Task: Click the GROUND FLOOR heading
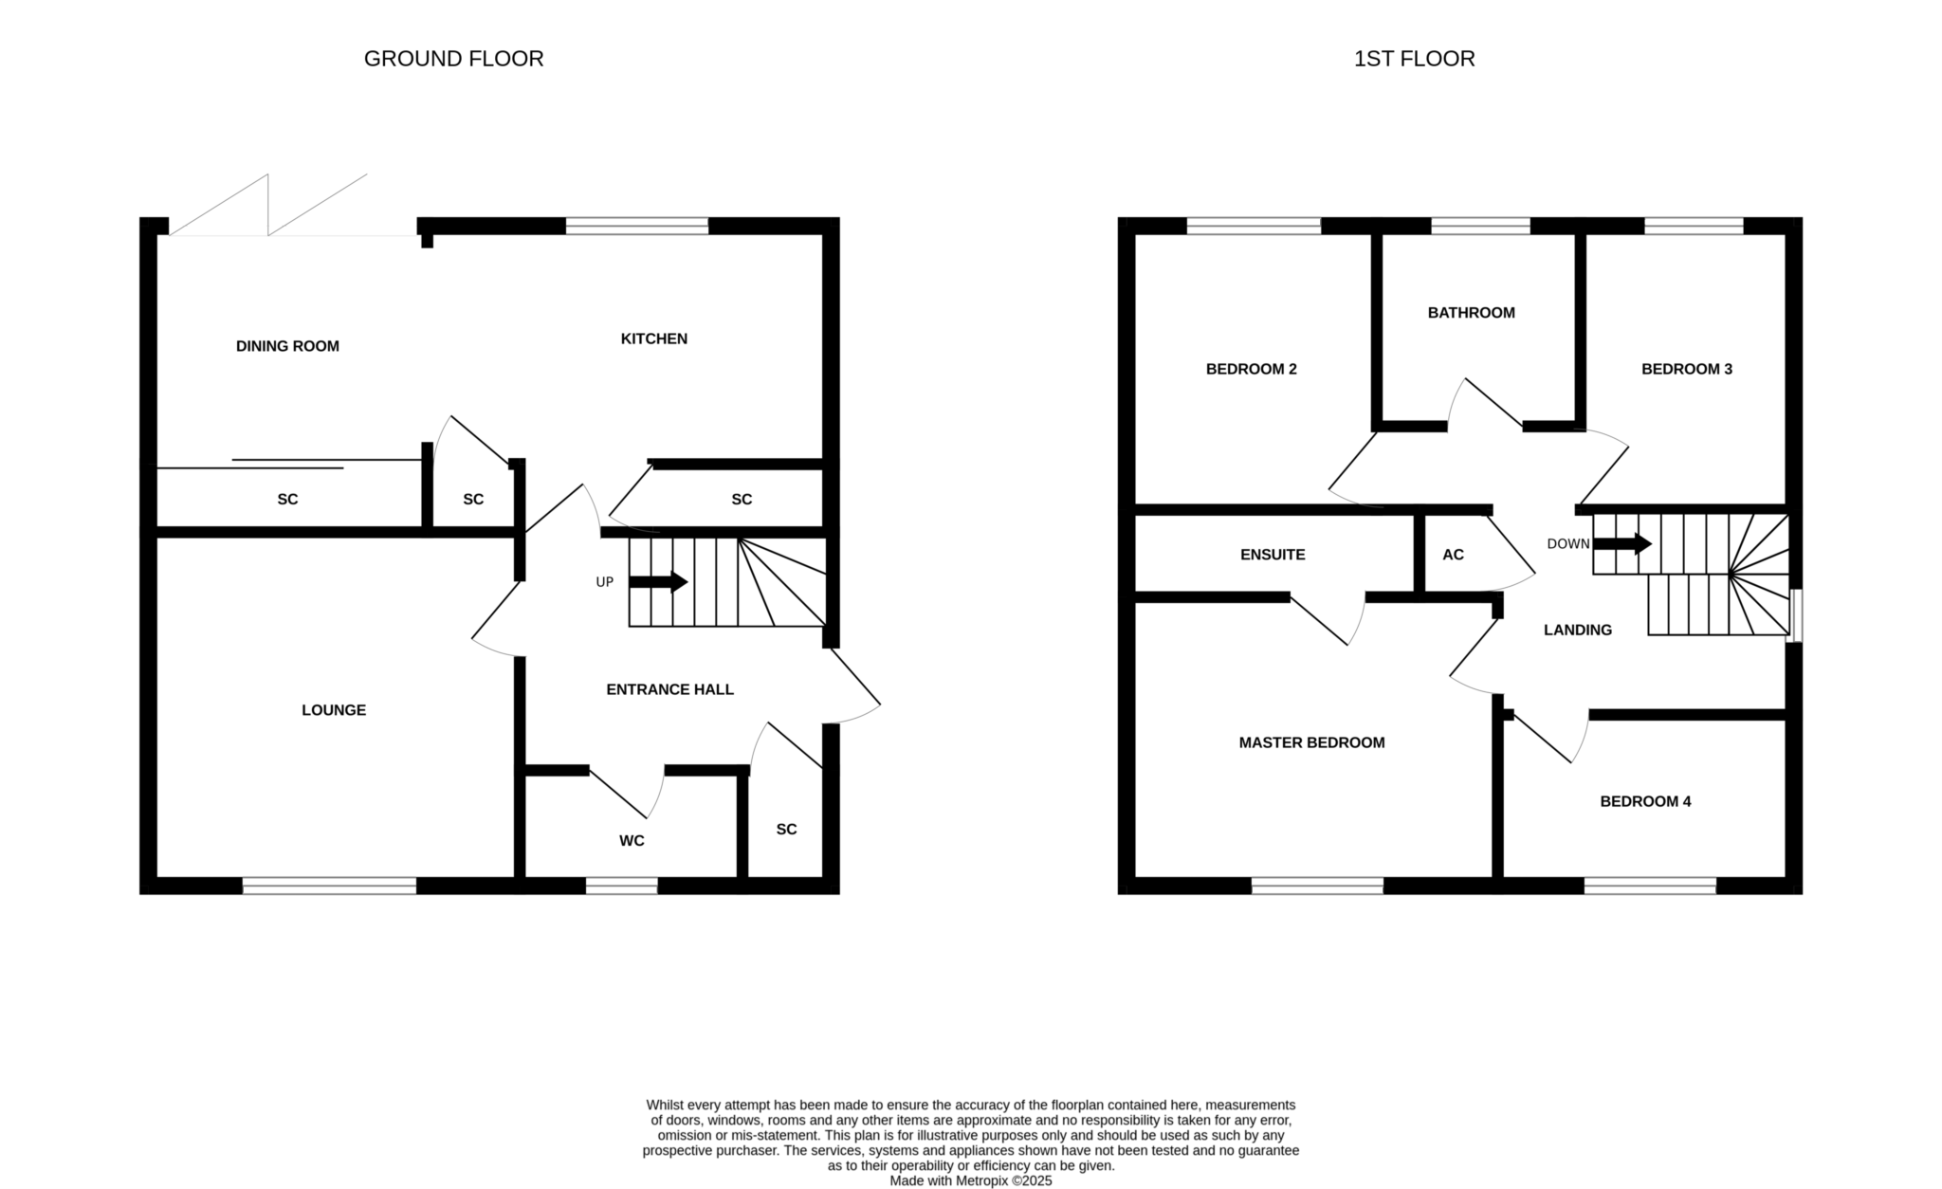click(x=453, y=59)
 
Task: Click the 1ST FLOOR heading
click(x=1414, y=59)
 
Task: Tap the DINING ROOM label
click(x=287, y=346)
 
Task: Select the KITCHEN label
click(x=654, y=338)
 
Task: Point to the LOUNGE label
click(x=334, y=710)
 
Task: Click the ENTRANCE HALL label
click(x=670, y=689)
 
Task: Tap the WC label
click(x=632, y=841)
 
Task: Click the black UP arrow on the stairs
click(x=658, y=581)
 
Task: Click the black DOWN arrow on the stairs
click(x=1622, y=544)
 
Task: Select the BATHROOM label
click(x=1472, y=313)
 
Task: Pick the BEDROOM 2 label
click(x=1252, y=369)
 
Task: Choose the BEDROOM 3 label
click(x=1687, y=369)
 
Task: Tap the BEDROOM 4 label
click(x=1645, y=801)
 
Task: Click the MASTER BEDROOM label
click(x=1311, y=742)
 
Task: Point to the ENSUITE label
click(x=1273, y=555)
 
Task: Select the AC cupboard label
click(x=1453, y=555)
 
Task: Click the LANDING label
click(x=1578, y=630)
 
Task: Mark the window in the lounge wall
click(x=329, y=886)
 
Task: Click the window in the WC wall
click(x=621, y=886)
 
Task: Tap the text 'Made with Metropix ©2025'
click(x=971, y=1181)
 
